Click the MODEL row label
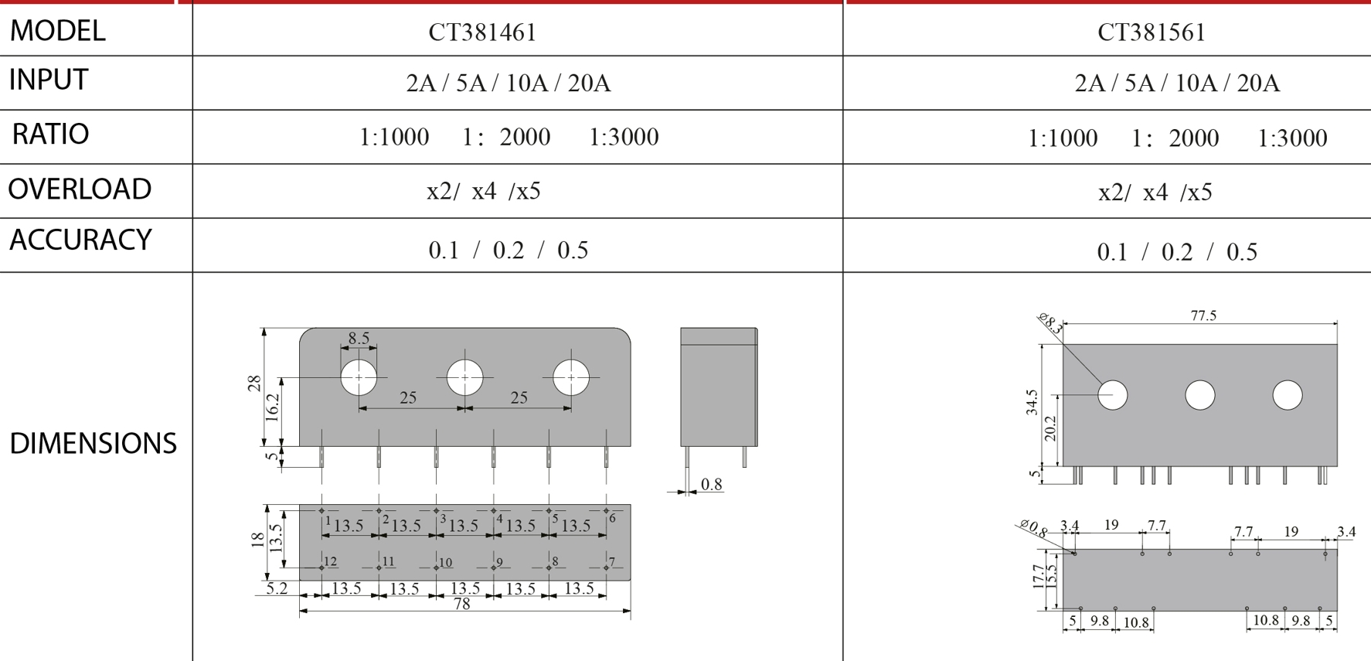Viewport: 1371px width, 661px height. [57, 31]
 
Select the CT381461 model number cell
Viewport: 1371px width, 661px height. [482, 32]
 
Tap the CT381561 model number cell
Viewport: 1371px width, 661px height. [1152, 32]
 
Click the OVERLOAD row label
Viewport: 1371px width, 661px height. [80, 189]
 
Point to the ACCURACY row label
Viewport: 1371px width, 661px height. [80, 240]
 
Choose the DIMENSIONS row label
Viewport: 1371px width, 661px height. [93, 444]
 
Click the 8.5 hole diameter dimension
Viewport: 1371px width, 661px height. [359, 338]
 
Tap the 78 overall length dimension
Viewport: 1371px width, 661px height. [462, 604]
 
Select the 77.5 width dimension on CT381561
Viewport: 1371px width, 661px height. [1203, 315]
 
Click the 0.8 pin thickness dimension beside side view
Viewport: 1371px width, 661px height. [711, 485]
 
